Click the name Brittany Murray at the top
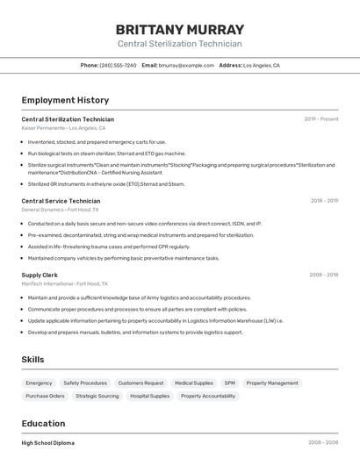pyautogui.click(x=179, y=29)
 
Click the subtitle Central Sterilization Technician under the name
pyautogui.click(x=179, y=44)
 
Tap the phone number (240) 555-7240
pyautogui.click(x=118, y=66)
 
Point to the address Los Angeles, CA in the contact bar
pyautogui.click(x=261, y=66)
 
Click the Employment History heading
pyautogui.click(x=65, y=100)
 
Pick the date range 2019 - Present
pyautogui.click(x=320, y=119)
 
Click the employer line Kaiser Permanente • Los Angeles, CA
pyautogui.click(x=63, y=128)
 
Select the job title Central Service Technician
pyautogui.click(x=61, y=201)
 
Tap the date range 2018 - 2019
pyautogui.click(x=323, y=201)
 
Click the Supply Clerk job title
pyautogui.click(x=40, y=275)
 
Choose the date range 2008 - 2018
pyautogui.click(x=323, y=275)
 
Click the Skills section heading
pyautogui.click(x=32, y=360)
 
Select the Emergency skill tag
pyautogui.click(x=39, y=383)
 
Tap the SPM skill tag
pyautogui.click(x=229, y=383)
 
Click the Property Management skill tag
pyautogui.click(x=272, y=383)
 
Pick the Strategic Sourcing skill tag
pyautogui.click(x=97, y=397)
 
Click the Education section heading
pyautogui.click(x=43, y=424)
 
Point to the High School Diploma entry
pyautogui.click(x=47, y=443)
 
